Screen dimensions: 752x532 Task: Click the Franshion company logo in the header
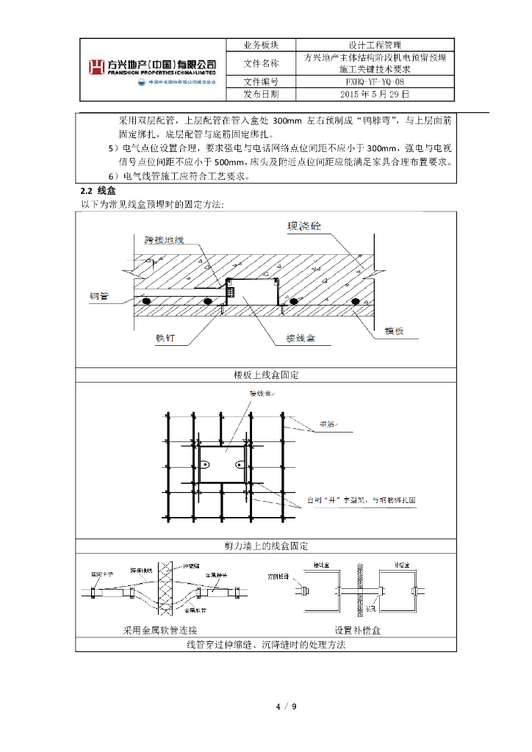[x=154, y=68]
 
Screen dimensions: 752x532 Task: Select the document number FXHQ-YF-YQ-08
[x=374, y=82]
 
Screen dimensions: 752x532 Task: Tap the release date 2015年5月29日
[x=374, y=94]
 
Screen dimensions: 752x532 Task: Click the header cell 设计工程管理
[x=374, y=45]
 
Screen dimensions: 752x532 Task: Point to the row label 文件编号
[x=261, y=82]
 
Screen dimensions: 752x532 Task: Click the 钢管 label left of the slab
[x=99, y=297]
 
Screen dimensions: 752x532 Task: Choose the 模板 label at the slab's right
[x=395, y=331]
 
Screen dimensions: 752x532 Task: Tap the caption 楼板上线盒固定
[x=265, y=375]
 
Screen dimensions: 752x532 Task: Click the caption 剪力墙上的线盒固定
[x=265, y=546]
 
